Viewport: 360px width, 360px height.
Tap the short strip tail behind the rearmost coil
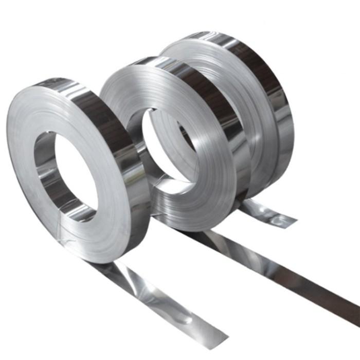pyautogui.click(x=267, y=213)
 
